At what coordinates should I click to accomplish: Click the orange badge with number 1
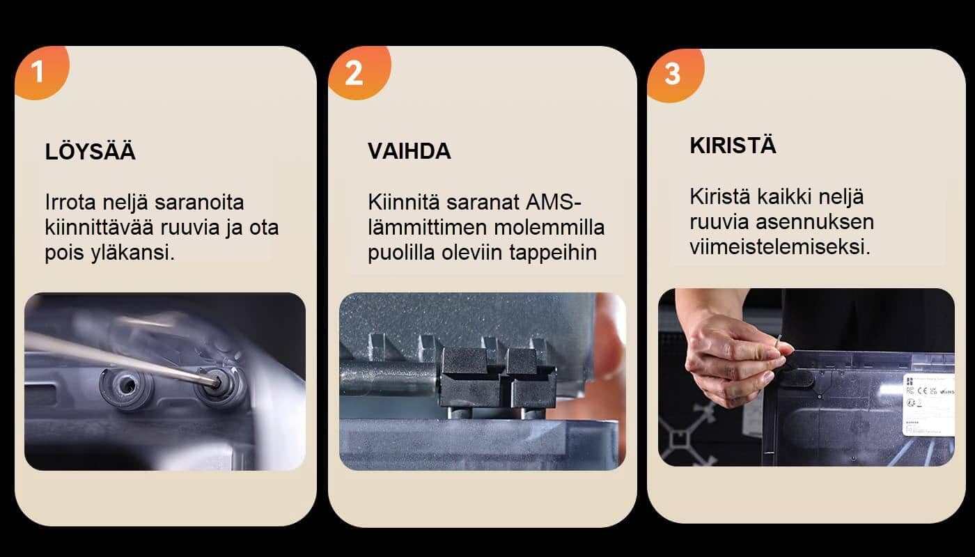pos(40,72)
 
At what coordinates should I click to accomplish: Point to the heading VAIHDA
pos(409,151)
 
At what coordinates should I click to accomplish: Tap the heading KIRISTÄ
pos(733,145)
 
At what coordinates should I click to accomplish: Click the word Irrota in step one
pos(70,203)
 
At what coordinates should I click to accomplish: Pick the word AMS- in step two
pos(553,203)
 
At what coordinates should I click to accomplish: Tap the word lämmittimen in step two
pos(428,228)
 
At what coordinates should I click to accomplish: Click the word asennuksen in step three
pos(815,222)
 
